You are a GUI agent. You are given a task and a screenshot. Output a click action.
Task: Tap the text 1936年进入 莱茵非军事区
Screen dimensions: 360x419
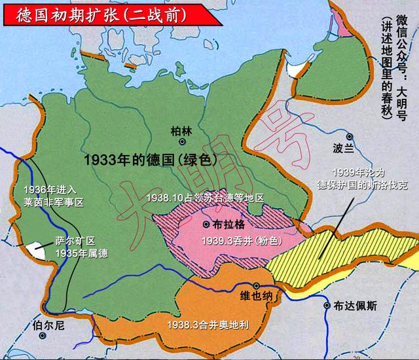(x=44, y=196)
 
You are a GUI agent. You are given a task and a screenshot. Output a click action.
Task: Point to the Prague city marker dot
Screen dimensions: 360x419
(x=207, y=225)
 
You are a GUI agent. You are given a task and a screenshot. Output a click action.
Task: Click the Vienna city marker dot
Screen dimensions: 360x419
(x=257, y=286)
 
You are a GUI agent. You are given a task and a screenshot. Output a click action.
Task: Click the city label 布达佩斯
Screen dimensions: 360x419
(x=355, y=305)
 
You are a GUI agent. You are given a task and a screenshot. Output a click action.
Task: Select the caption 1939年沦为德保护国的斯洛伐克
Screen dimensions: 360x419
(x=363, y=179)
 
